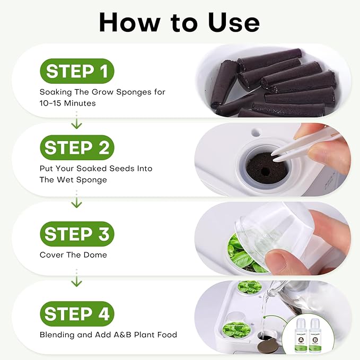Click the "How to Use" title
(x=179, y=22)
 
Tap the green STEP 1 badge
(x=77, y=71)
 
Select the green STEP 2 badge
(x=77, y=148)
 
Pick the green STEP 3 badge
(x=77, y=234)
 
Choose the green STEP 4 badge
(x=77, y=314)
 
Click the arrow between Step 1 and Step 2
(x=77, y=123)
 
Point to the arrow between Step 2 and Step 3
(x=77, y=201)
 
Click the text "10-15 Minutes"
(x=67, y=103)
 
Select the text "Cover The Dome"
(x=73, y=255)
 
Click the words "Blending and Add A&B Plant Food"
(x=108, y=335)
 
